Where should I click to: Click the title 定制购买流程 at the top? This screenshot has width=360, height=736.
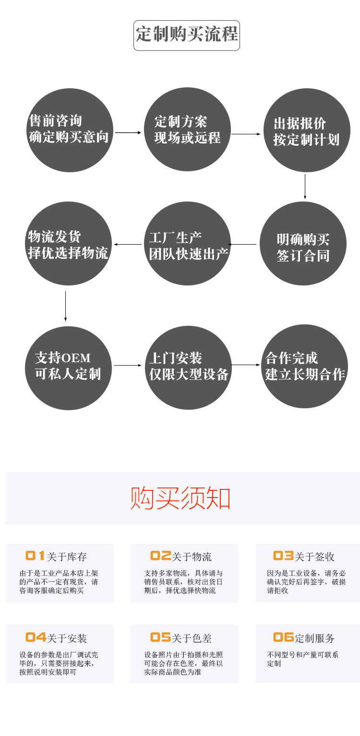point(187,34)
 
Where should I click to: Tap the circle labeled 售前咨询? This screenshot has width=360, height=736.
point(70,130)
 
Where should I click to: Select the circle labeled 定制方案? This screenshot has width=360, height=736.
point(187,129)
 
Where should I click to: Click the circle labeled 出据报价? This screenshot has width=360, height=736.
point(307,130)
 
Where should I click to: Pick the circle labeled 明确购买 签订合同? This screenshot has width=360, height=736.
point(303,243)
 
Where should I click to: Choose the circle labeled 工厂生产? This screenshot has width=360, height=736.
point(187,243)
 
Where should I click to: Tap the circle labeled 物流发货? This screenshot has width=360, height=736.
point(68,243)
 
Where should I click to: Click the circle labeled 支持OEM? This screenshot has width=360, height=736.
point(68,368)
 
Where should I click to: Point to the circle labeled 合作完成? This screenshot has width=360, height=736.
point(304,367)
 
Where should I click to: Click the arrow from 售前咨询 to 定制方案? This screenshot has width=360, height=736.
point(128,133)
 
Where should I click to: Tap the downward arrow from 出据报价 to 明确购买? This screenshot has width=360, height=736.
point(305,186)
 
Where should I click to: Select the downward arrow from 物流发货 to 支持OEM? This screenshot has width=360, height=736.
point(65,306)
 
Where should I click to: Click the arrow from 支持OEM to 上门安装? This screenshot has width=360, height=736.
point(128,365)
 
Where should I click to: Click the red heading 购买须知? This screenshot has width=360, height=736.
point(180,498)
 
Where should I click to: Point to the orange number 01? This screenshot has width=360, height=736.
point(35,556)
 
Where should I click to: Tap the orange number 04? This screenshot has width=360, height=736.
point(36,637)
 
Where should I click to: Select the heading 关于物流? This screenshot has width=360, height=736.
point(192,557)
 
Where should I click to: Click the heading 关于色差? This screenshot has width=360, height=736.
point(192,638)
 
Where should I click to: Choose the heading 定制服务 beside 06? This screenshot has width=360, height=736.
point(314,638)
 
